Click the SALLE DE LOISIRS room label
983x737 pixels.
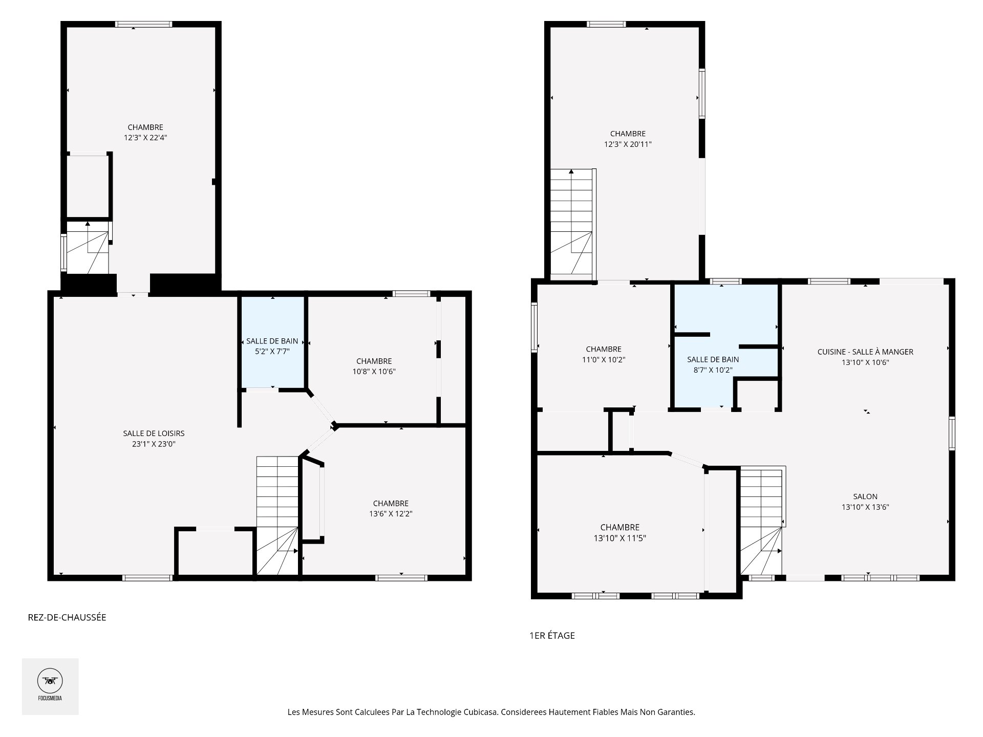(154, 433)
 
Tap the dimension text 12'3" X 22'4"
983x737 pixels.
(145, 138)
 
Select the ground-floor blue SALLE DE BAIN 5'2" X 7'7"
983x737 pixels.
(272, 343)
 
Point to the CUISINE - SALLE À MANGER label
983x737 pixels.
(865, 352)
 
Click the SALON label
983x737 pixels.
(865, 496)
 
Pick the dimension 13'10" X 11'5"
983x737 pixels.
(619, 538)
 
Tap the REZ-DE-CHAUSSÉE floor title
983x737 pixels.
(67, 617)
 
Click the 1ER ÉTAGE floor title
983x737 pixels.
(552, 636)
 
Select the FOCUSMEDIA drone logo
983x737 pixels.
(50, 686)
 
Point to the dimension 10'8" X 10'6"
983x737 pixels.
(374, 372)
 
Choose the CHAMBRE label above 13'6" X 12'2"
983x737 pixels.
(391, 504)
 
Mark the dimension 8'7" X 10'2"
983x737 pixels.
(713, 370)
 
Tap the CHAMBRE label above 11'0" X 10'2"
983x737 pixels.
(604, 349)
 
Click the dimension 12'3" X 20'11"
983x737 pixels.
(628, 144)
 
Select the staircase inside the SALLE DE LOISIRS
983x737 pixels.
(277, 515)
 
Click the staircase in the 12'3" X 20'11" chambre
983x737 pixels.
(572, 224)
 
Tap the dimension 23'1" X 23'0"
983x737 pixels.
(154, 444)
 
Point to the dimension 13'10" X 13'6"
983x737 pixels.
(865, 507)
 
